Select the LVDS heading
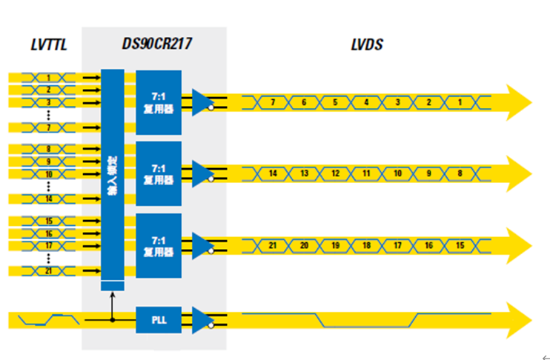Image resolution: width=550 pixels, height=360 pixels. pyautogui.click(x=366, y=45)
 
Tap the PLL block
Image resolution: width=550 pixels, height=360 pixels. pyautogui.click(x=158, y=320)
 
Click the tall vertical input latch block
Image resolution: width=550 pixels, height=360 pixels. pyautogui.click(x=112, y=174)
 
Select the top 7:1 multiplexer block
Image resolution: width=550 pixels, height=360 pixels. pyautogui.click(x=158, y=101)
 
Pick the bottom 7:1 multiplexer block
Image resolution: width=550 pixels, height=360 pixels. pyautogui.click(x=158, y=245)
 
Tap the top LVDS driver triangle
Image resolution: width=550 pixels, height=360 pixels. pyautogui.click(x=202, y=101)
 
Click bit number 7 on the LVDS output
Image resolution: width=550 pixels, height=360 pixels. pyautogui.click(x=273, y=101)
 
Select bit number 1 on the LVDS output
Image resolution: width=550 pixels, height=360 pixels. pyautogui.click(x=460, y=101)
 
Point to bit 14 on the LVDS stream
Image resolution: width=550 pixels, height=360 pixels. pyautogui.click(x=273, y=173)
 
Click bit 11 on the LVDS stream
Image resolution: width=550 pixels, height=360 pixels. pyautogui.click(x=366, y=173)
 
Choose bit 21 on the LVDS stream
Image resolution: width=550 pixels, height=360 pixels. pyautogui.click(x=273, y=245)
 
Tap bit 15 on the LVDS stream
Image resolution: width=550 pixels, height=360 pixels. pyautogui.click(x=460, y=245)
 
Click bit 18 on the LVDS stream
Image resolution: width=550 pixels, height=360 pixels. pyautogui.click(x=366, y=245)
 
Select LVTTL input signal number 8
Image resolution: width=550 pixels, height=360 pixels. pyautogui.click(x=49, y=149)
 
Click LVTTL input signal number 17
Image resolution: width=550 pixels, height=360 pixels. pyautogui.click(x=49, y=245)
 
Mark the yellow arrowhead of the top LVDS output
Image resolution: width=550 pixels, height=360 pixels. pyautogui.click(x=518, y=101)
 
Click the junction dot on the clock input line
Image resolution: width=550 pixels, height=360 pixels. pyautogui.click(x=112, y=320)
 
